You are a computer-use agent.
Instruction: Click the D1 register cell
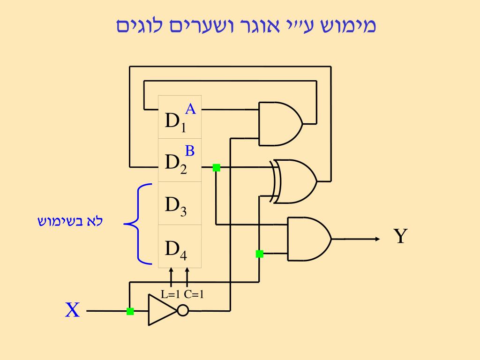pos(180,117)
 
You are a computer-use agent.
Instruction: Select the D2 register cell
pos(180,160)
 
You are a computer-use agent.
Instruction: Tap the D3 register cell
pos(180,203)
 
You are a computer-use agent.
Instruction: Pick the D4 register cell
pos(180,247)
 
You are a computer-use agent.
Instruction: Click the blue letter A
pos(190,109)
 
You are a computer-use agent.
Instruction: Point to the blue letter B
pos(190,150)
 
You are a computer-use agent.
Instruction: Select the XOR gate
pos(295,181)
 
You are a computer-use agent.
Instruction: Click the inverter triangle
pos(162,310)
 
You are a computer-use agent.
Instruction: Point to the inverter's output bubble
pos(183,310)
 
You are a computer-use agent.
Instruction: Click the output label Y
pos(399,237)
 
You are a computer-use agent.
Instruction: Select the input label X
pos(72,310)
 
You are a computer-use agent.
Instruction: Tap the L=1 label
pos(171,295)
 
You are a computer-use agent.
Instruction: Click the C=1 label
pos(194,295)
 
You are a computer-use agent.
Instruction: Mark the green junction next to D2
pos(216,167)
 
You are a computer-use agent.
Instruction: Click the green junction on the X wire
pos(130,311)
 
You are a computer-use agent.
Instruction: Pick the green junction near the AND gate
pos(259,254)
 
